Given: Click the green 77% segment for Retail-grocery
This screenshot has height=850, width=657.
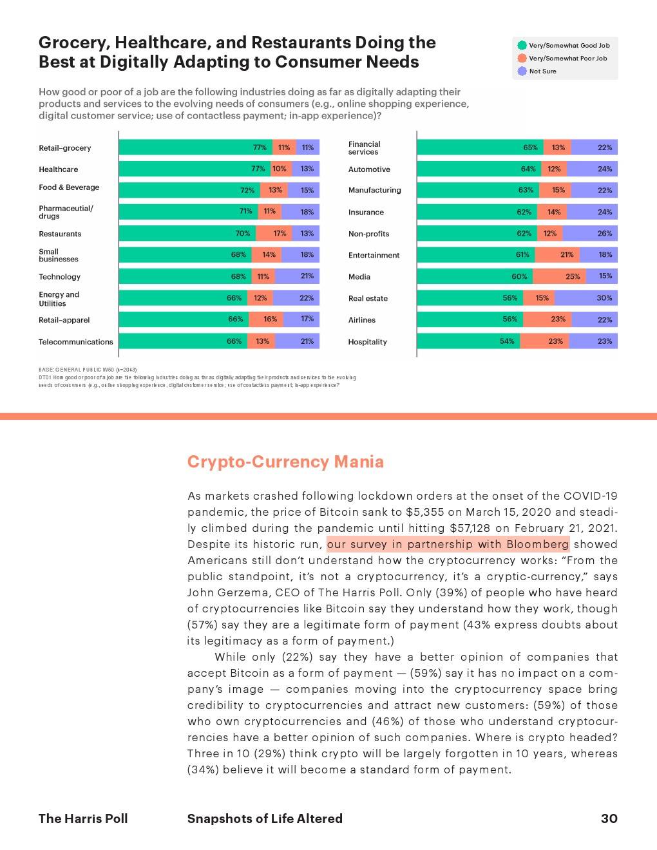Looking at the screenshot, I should pyautogui.click(x=196, y=147).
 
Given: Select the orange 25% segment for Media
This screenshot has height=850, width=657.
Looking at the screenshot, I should pyautogui.click(x=559, y=276).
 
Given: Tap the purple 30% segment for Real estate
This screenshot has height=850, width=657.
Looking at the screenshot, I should pyautogui.click(x=586, y=298).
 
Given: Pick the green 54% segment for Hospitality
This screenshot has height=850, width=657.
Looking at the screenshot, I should pyautogui.click(x=468, y=341).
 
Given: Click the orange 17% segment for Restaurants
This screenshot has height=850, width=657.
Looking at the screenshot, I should pyautogui.click(x=274, y=233).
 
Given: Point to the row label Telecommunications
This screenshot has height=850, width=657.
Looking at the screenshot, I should pyautogui.click(x=75, y=342).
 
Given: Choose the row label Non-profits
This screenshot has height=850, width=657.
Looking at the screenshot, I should pyautogui.click(x=368, y=234).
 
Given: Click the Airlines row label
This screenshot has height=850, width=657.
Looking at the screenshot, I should pyautogui.click(x=361, y=320).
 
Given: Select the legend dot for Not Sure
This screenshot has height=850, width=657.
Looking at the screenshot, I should pyautogui.click(x=522, y=71).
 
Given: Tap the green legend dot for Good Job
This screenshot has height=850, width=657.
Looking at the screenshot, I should pyautogui.click(x=522, y=45).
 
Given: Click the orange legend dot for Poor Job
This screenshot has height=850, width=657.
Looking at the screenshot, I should pyautogui.click(x=522, y=58).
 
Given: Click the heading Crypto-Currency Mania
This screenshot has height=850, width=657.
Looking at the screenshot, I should pyautogui.click(x=285, y=462).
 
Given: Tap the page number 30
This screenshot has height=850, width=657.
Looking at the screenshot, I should pyautogui.click(x=609, y=818).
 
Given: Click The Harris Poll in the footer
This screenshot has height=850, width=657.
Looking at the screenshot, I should pyautogui.click(x=83, y=818).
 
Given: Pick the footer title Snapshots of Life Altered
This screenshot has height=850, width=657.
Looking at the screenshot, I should pyautogui.click(x=265, y=818).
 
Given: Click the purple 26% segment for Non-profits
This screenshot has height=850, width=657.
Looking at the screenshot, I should pyautogui.click(x=590, y=233).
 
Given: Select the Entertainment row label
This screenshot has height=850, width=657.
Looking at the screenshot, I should pyautogui.click(x=374, y=256).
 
